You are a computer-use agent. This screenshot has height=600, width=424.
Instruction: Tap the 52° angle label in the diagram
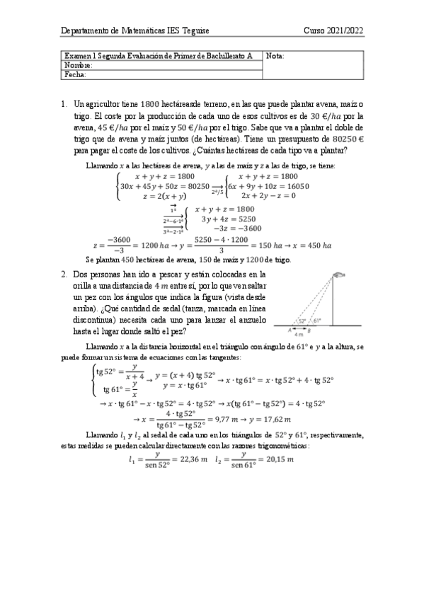(302, 321)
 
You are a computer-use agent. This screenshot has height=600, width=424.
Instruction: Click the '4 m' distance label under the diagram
(299, 334)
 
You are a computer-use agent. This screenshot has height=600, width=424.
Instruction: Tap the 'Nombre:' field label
(78, 64)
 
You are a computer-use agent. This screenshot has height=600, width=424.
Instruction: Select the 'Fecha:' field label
(75, 74)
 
